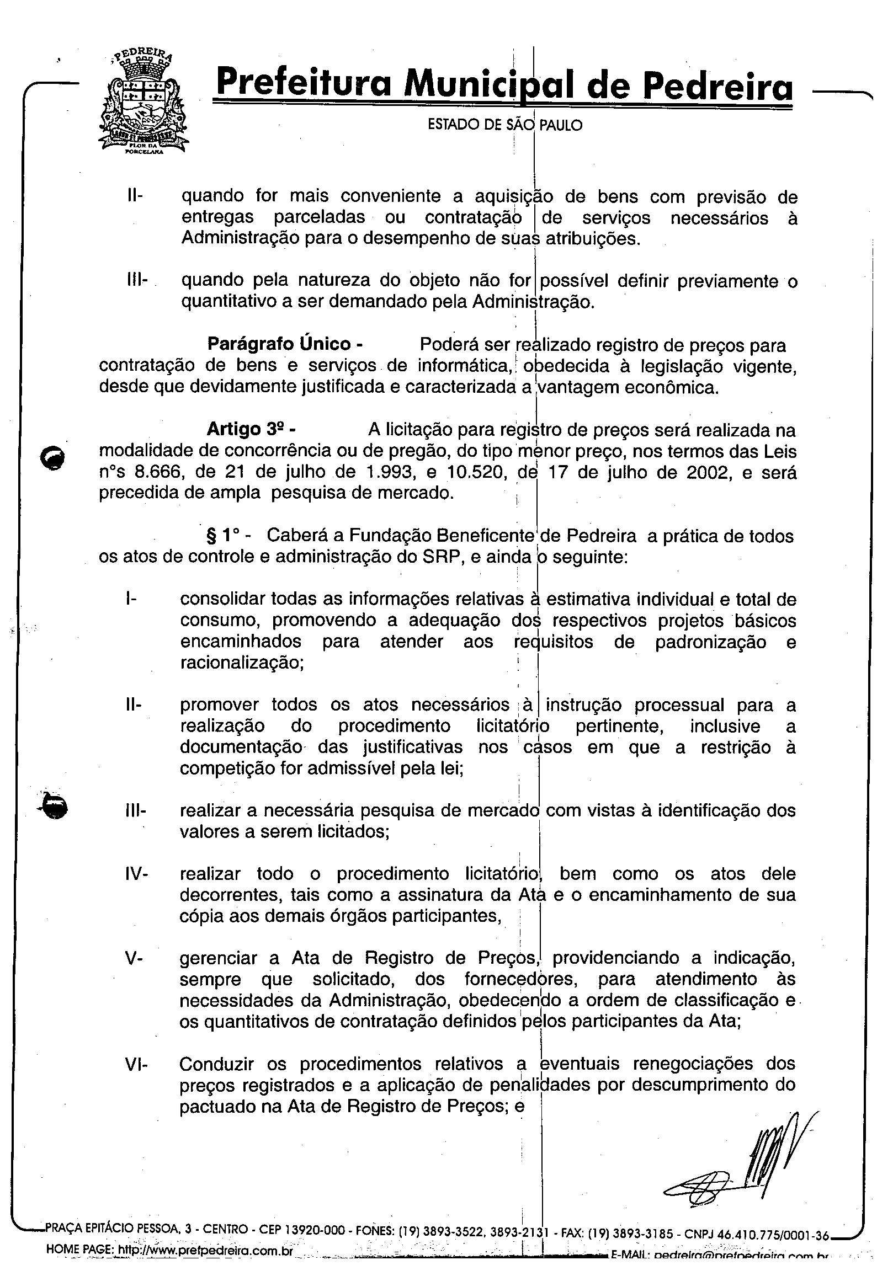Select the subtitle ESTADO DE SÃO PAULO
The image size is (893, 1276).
point(505,125)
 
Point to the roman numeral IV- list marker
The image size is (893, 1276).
point(136,874)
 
